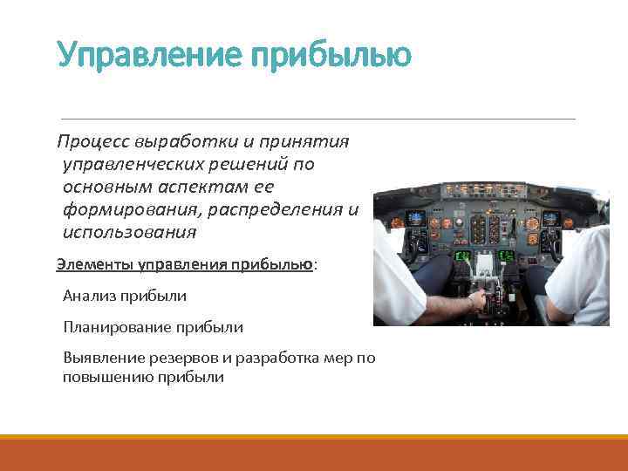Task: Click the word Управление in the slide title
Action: coord(147,55)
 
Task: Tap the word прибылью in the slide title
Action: coord(331,55)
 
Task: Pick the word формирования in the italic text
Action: coord(125,210)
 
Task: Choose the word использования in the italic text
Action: coord(130,233)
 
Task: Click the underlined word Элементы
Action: coord(90,265)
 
